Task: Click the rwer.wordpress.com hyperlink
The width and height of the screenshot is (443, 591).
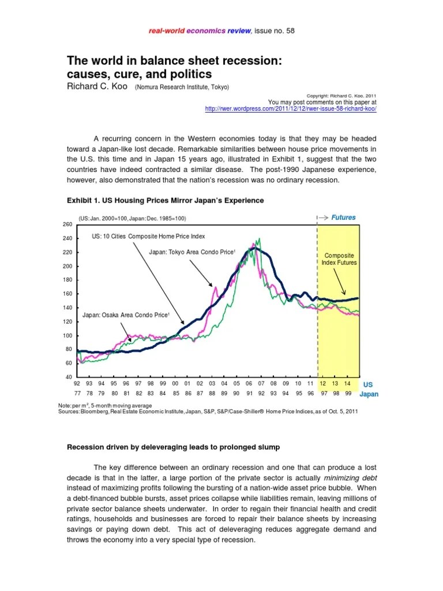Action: click(x=291, y=109)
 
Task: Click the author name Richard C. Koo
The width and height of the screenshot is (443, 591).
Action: click(x=97, y=87)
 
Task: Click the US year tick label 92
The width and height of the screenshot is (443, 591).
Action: click(x=76, y=383)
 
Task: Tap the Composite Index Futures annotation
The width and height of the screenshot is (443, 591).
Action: click(x=339, y=259)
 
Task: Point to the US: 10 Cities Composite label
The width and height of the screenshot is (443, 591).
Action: click(x=148, y=236)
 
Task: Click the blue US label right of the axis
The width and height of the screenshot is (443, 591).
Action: click(x=367, y=384)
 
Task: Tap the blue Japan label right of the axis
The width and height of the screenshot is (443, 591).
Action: click(x=369, y=395)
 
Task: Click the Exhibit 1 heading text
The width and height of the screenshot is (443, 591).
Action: click(x=166, y=200)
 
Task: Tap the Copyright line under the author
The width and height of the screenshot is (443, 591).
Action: click(x=341, y=96)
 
